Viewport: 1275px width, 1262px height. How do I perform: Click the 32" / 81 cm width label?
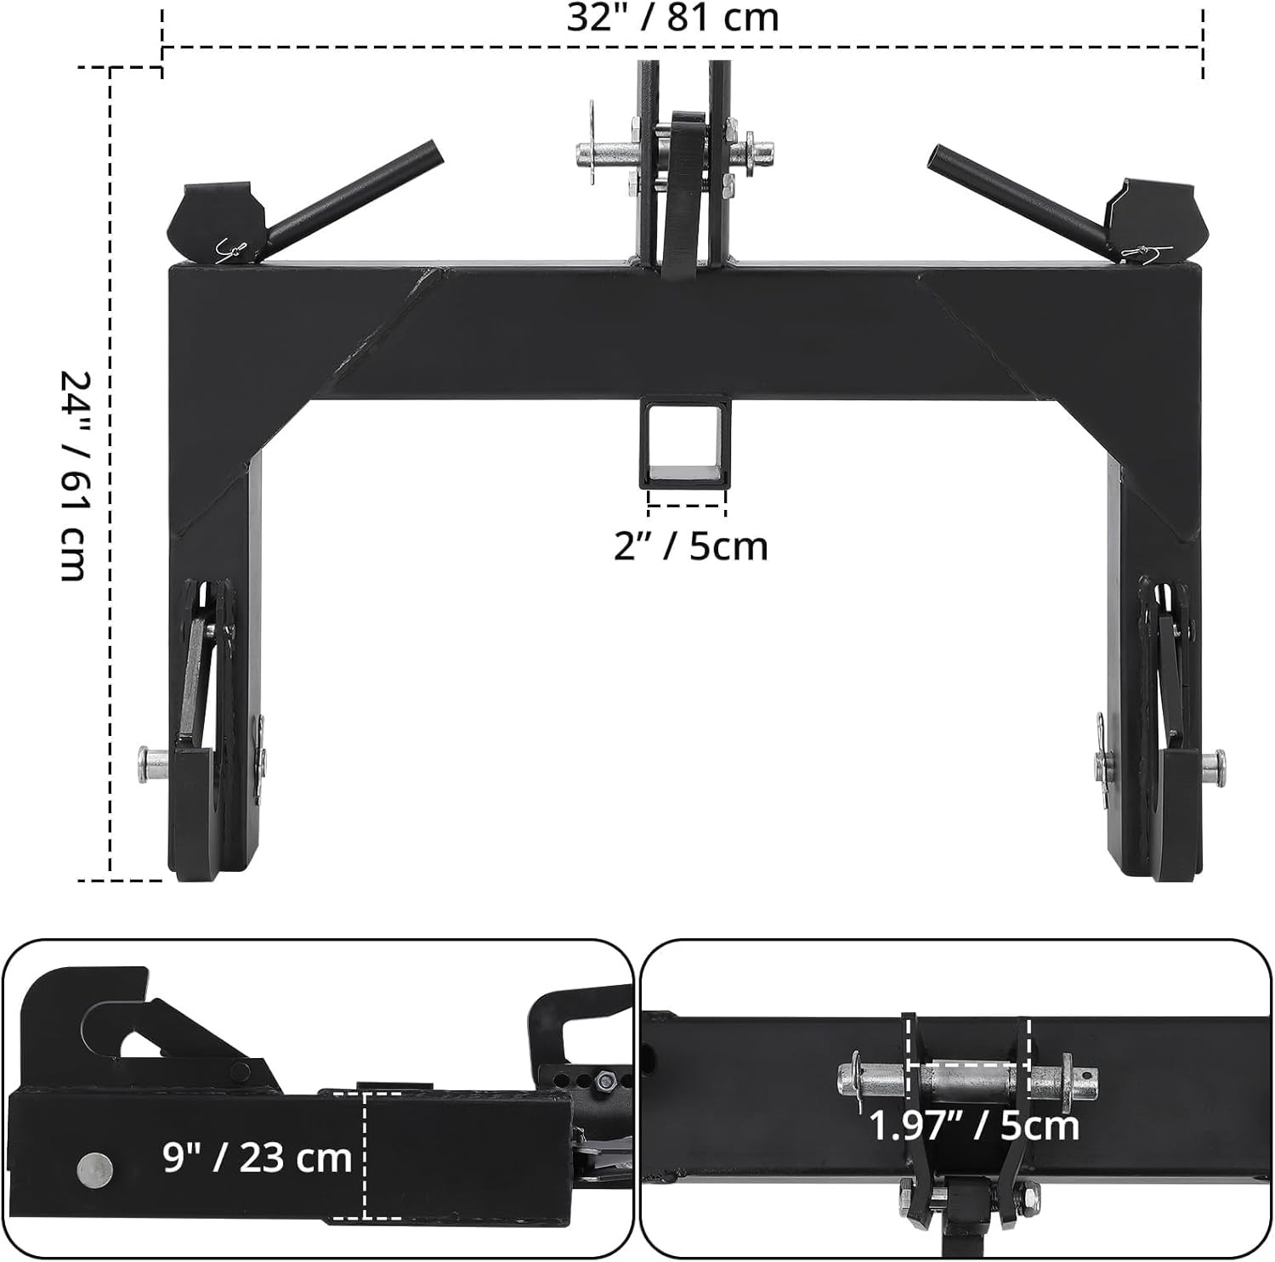point(672,17)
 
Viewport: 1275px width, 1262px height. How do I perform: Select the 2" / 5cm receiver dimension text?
point(690,546)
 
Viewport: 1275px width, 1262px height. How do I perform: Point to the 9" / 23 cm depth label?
point(257,1157)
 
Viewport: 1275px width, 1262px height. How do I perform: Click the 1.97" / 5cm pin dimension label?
point(974,1126)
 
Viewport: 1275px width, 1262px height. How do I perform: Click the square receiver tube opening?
point(687,443)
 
